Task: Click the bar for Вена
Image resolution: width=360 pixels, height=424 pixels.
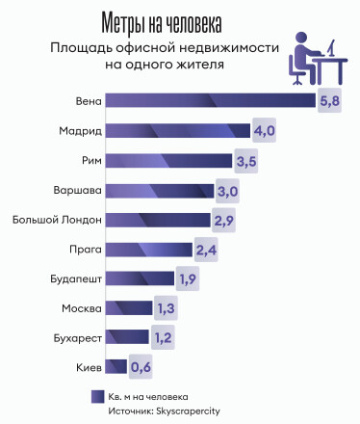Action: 209,101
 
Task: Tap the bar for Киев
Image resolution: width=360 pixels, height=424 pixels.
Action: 116,367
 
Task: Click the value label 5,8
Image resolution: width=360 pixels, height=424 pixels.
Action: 329,101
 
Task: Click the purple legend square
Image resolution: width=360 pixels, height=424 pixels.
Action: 97,395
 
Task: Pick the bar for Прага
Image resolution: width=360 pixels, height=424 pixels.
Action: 148,250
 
